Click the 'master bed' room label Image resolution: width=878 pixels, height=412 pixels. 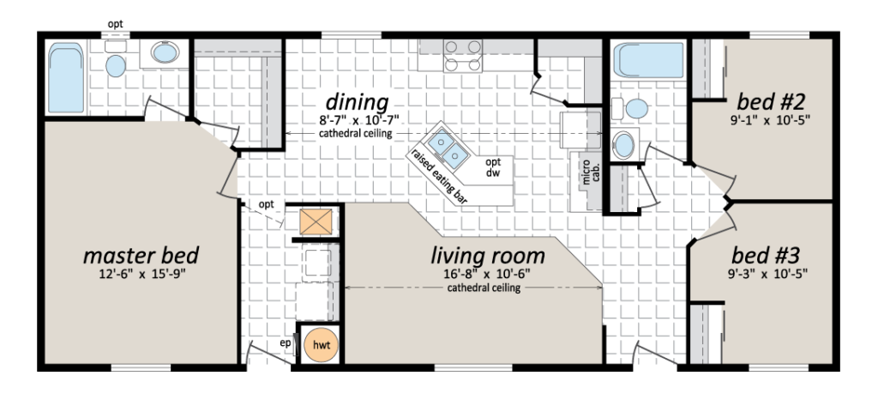coord(141,256)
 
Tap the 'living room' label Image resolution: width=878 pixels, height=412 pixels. coord(488,256)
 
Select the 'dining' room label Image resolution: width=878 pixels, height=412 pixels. coord(358,103)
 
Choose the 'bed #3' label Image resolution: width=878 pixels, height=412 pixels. coord(766,256)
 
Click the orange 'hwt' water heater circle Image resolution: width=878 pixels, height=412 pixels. coord(321,345)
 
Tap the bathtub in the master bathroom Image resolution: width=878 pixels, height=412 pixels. coord(65,78)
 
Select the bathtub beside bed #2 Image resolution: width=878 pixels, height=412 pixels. coord(648,60)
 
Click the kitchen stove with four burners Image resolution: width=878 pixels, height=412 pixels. coord(462,56)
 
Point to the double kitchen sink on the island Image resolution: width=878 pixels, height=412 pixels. coord(448,148)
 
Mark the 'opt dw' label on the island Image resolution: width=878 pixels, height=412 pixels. coord(493,167)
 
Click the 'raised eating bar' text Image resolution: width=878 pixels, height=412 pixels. coord(440,176)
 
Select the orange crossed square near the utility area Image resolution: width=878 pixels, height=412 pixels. coord(316,222)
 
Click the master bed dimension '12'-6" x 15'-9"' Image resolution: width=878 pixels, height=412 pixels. coord(141,274)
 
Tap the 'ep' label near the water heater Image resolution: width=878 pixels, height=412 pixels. coord(286,343)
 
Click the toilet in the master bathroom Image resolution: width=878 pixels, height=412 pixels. coord(116,61)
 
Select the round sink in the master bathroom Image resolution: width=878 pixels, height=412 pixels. coord(165,52)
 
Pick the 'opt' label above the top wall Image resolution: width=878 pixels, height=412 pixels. coord(116,25)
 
